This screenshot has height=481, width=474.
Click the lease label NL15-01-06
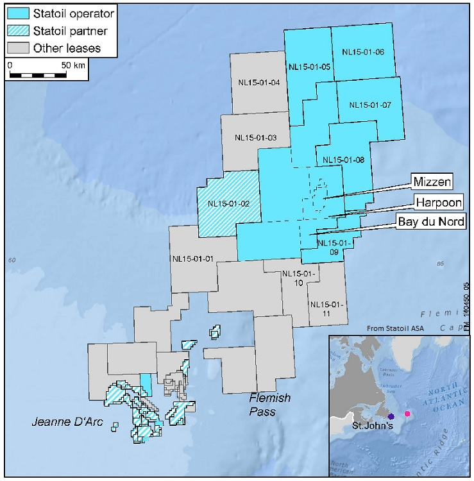pyautogui.click(x=362, y=52)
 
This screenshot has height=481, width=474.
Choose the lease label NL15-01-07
pyautogui.click(x=370, y=105)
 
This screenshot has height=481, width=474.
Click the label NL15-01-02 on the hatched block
pyautogui.click(x=229, y=204)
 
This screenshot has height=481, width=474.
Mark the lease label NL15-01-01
pyautogui.click(x=193, y=259)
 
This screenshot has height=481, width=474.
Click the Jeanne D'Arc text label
pyautogui.click(x=62, y=421)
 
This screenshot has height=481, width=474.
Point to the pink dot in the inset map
pyautogui.click(x=407, y=414)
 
